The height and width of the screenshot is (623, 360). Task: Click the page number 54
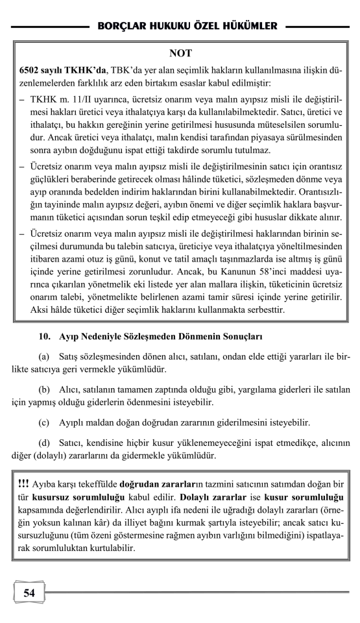coord(29,592)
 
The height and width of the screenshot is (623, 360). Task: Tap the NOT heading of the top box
coord(180,53)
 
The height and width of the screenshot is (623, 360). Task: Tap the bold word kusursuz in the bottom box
coord(53,498)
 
